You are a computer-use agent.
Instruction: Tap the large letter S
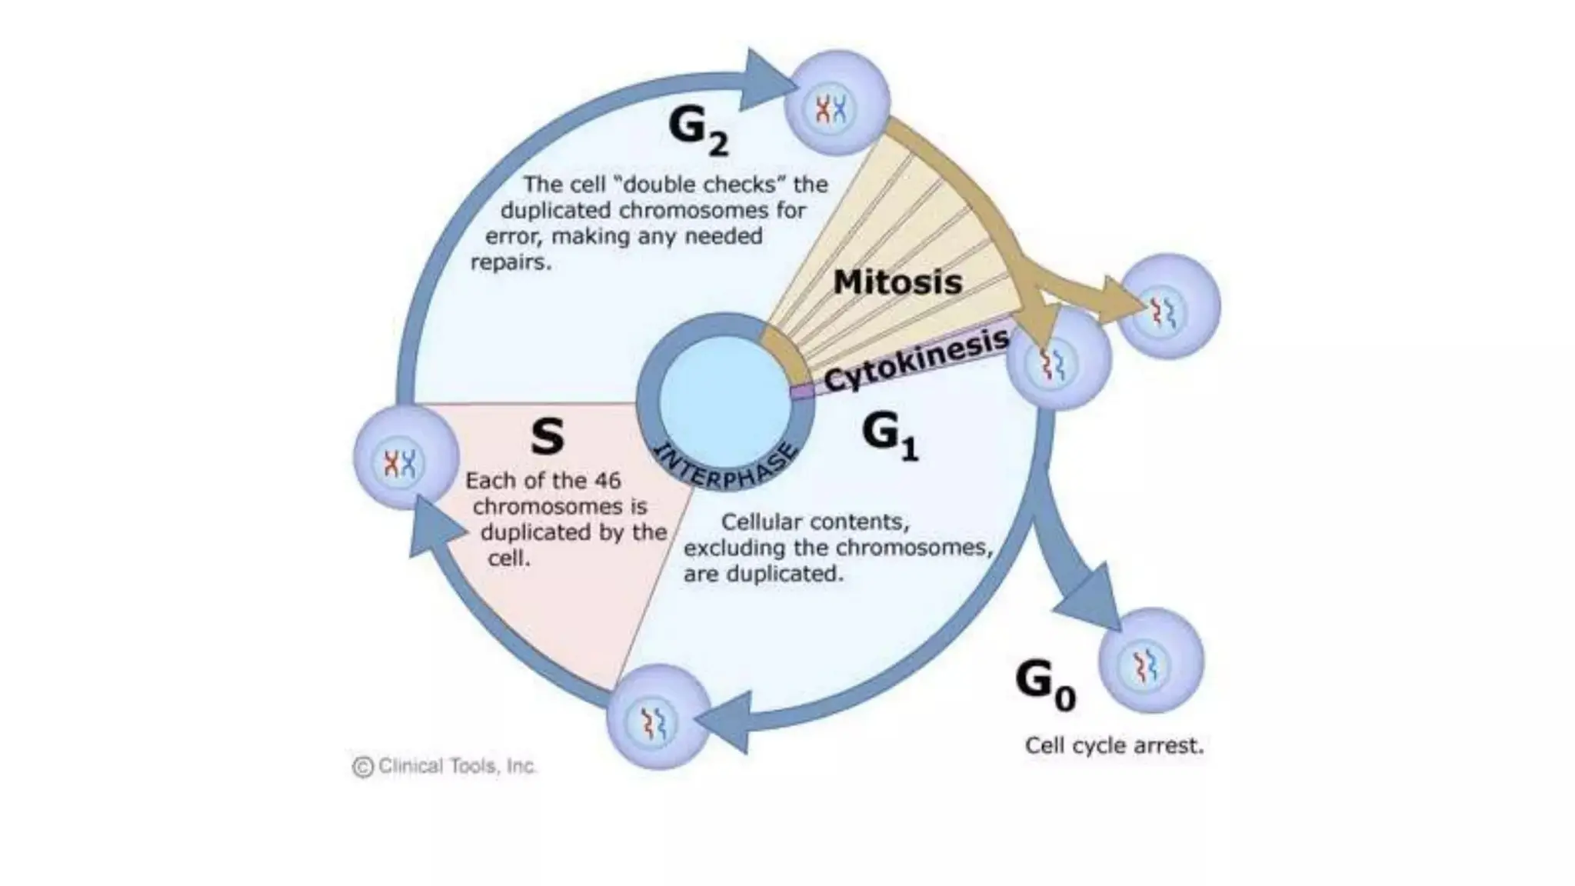(548, 437)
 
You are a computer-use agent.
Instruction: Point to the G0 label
(1044, 684)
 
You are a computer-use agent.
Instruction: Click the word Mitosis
(897, 282)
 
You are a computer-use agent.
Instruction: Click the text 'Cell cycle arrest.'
(1114, 745)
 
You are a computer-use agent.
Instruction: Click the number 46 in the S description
(607, 481)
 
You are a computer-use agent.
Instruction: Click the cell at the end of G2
(837, 104)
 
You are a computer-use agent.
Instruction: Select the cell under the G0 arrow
(1150, 661)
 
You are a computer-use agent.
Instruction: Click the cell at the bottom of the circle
(658, 717)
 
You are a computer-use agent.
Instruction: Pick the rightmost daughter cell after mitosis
(1168, 306)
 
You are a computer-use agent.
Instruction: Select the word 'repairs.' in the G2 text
(511, 262)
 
